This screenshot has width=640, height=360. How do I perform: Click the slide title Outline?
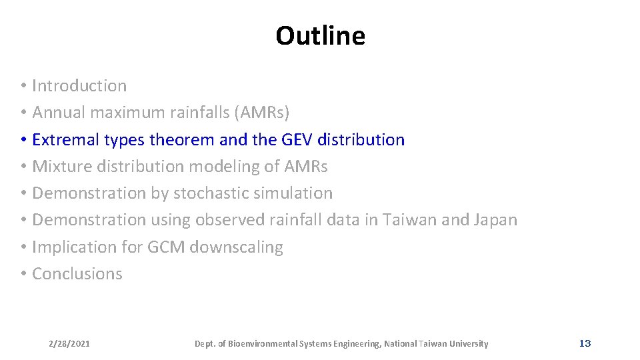(320, 36)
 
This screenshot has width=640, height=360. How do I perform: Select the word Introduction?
(79, 86)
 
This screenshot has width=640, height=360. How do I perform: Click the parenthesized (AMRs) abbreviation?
(261, 113)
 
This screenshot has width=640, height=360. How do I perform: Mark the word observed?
(226, 220)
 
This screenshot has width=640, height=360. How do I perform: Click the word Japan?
(495, 220)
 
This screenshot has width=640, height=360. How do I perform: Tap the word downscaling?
(236, 247)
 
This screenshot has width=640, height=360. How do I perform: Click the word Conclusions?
(77, 274)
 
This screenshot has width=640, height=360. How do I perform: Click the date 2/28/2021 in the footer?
(69, 344)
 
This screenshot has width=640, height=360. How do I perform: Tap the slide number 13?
(585, 343)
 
